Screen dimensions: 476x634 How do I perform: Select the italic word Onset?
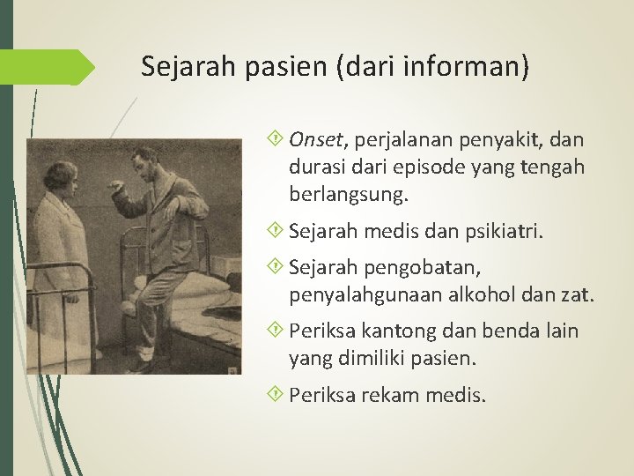320,140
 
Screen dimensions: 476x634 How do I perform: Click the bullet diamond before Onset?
278,140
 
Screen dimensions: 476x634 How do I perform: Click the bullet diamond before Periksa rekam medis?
278,395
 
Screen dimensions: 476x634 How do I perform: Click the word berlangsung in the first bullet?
338,192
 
